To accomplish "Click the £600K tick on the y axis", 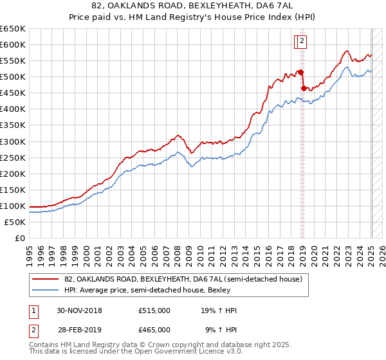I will [14, 44].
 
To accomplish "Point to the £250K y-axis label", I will [14, 157].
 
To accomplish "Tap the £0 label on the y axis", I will [21, 238].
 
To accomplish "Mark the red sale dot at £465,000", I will [304, 88].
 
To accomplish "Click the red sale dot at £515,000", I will [300, 71].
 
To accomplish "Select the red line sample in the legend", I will [46, 279].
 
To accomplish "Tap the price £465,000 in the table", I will [154, 329].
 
